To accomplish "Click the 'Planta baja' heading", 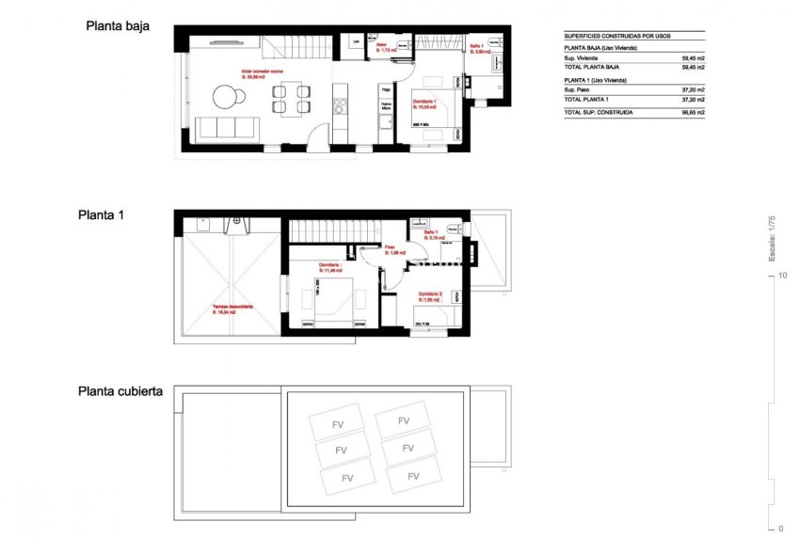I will pos(118,26).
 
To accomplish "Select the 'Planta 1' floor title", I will pos(102,214).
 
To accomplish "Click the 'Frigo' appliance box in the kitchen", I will pos(385,90).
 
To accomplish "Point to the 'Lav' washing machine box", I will pos(357,42).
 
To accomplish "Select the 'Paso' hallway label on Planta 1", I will pos(389,249).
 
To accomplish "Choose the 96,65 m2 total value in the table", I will pos(693,112).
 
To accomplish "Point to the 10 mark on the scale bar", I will pos(782,276).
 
